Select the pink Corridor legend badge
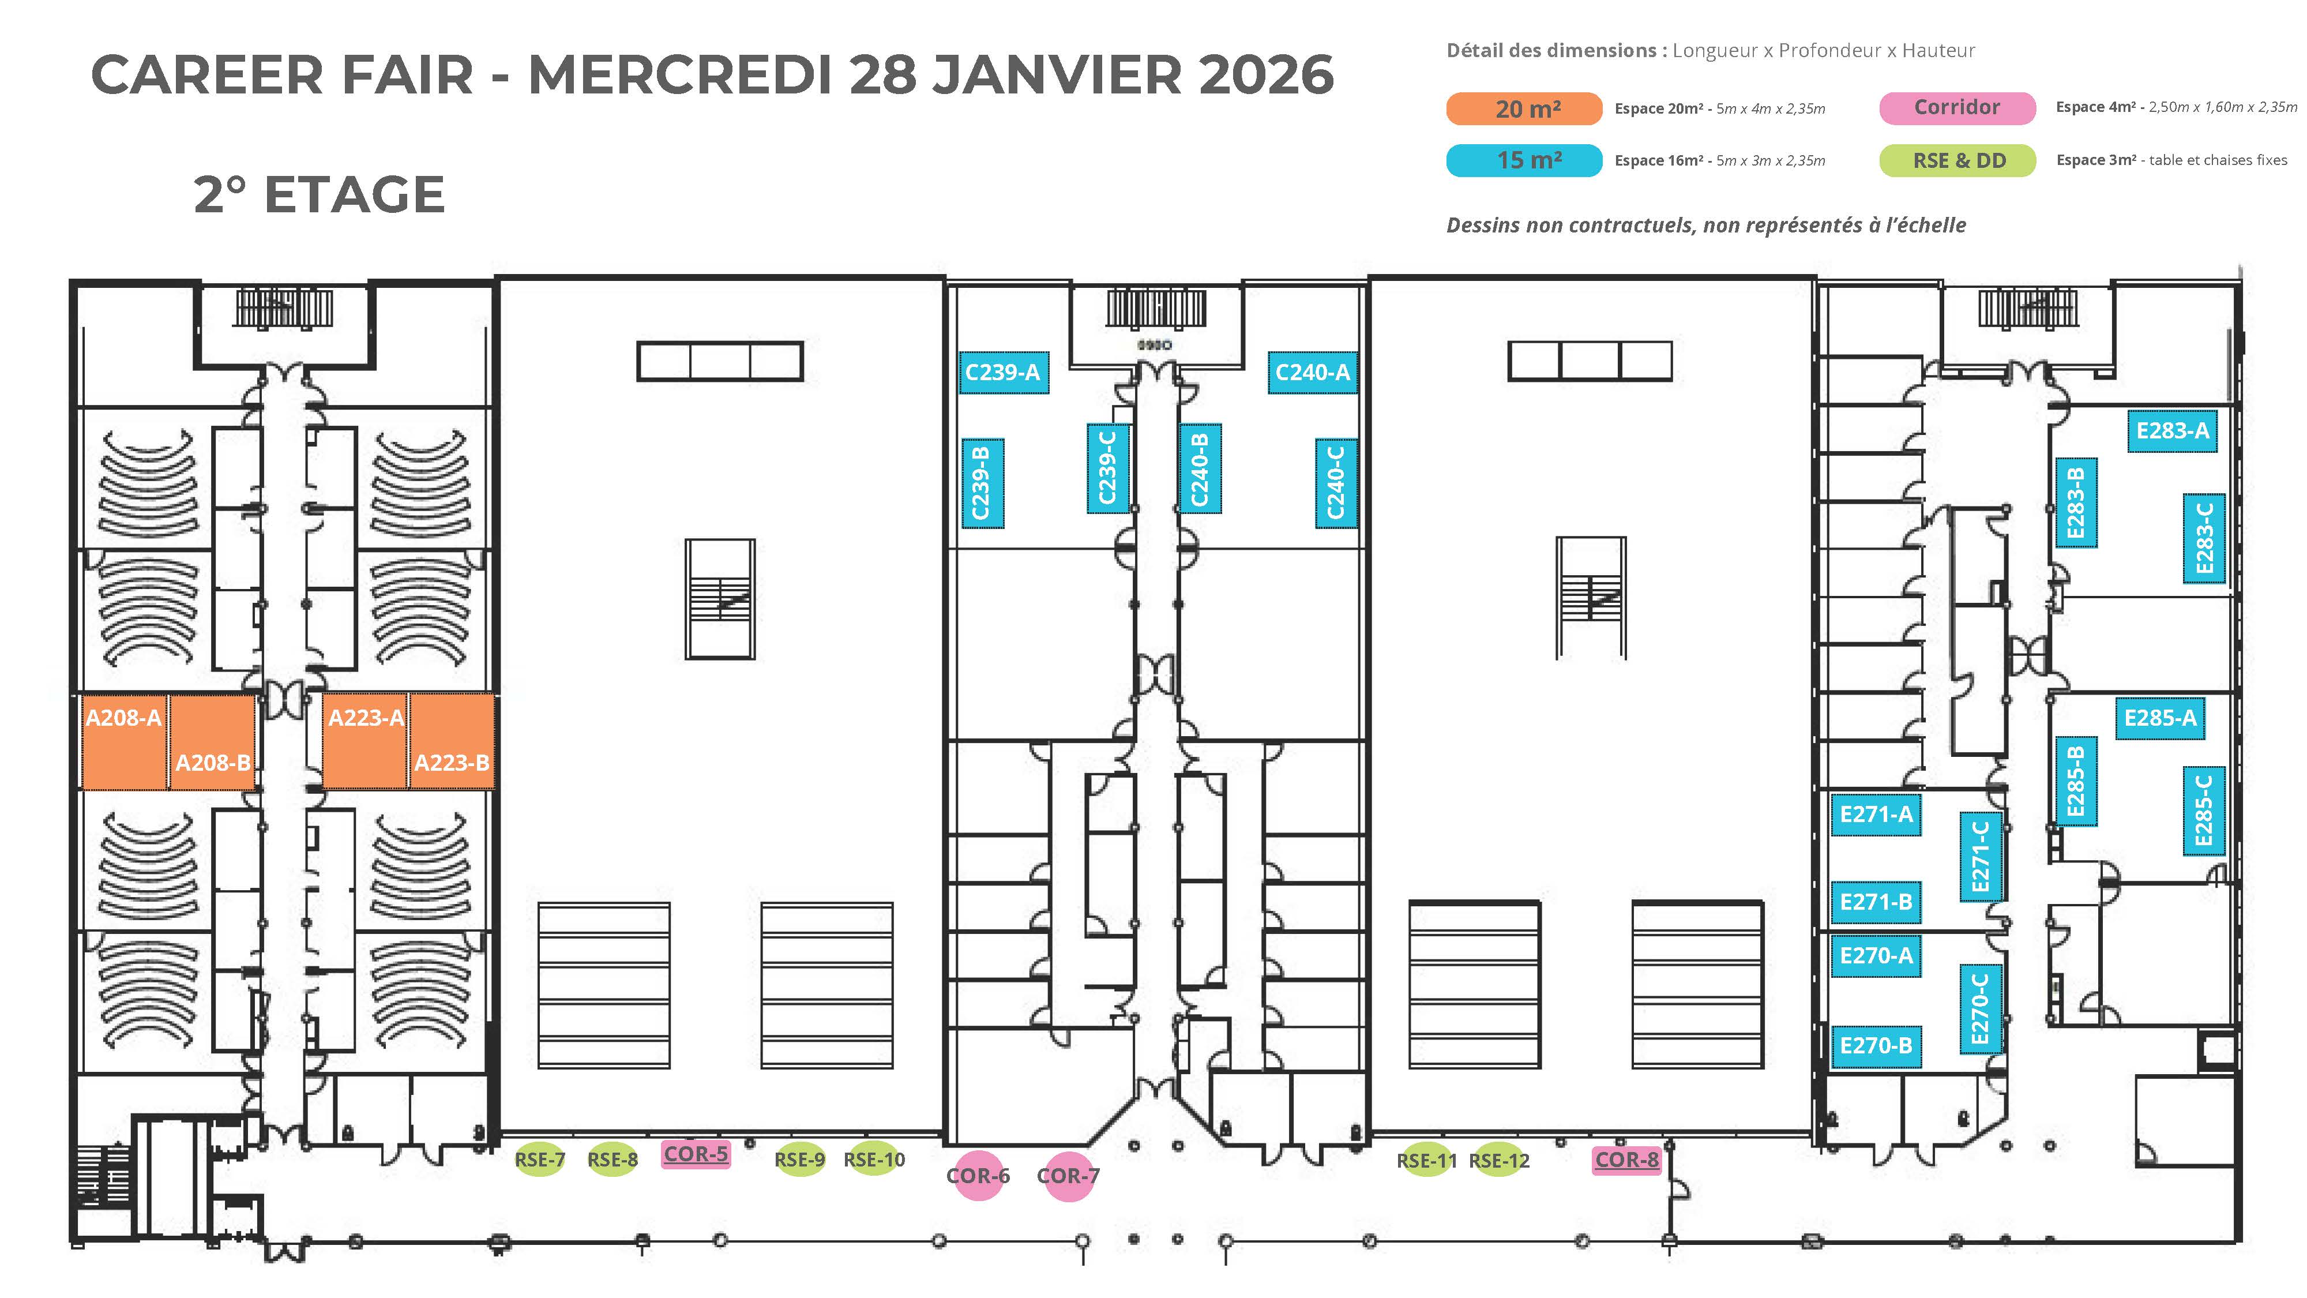(1957, 107)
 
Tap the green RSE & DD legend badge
(1957, 160)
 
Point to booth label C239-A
(1002, 372)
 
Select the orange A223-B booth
(452, 741)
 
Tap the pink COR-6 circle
(978, 1175)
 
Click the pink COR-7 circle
(1068, 1175)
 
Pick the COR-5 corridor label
(696, 1154)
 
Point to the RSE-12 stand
(1499, 1161)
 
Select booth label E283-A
(2173, 431)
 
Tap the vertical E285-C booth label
(2203, 811)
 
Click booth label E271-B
(1876, 902)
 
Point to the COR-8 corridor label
(1627, 1160)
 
